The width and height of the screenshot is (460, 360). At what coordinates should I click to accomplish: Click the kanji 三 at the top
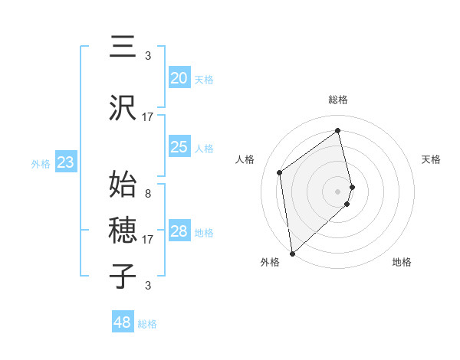[x=123, y=47]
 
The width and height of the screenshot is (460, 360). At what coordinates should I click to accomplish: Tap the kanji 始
[x=123, y=185]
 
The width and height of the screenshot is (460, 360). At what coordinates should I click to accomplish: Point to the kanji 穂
[x=123, y=231]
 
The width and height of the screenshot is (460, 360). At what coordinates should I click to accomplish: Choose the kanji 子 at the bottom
[x=123, y=277]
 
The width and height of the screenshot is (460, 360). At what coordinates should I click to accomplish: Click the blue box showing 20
[x=179, y=78]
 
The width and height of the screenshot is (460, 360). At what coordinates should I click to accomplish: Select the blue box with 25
[x=179, y=147]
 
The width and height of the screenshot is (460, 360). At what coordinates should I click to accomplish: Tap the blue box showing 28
[x=179, y=231]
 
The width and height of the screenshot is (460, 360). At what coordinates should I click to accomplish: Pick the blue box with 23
[x=65, y=162]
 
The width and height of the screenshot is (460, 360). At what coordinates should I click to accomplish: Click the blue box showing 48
[x=123, y=322]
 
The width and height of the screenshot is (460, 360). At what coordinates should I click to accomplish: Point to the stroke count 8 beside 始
[x=147, y=194]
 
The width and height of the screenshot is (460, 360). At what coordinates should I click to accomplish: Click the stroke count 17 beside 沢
[x=148, y=117]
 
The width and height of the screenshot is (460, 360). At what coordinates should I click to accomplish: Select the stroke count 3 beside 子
[x=147, y=286]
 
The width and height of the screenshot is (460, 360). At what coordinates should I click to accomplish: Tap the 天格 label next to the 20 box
[x=204, y=79]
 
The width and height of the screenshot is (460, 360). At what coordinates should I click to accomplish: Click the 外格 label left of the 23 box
[x=41, y=163]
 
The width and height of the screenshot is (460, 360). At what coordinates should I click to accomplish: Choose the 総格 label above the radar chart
[x=338, y=100]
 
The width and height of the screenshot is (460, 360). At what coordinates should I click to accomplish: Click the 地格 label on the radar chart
[x=402, y=262]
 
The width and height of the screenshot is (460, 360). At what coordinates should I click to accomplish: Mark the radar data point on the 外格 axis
[x=292, y=253]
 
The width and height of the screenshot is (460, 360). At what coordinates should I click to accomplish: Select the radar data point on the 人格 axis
[x=280, y=172]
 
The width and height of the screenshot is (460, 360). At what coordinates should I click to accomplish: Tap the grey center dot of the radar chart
[x=338, y=191]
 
